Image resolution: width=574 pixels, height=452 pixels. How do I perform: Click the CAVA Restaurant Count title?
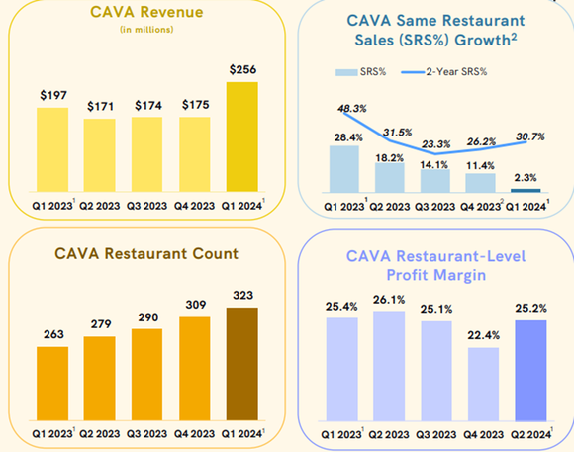coord(145,254)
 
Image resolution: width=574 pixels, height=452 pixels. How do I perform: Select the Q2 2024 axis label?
coord(530,434)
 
